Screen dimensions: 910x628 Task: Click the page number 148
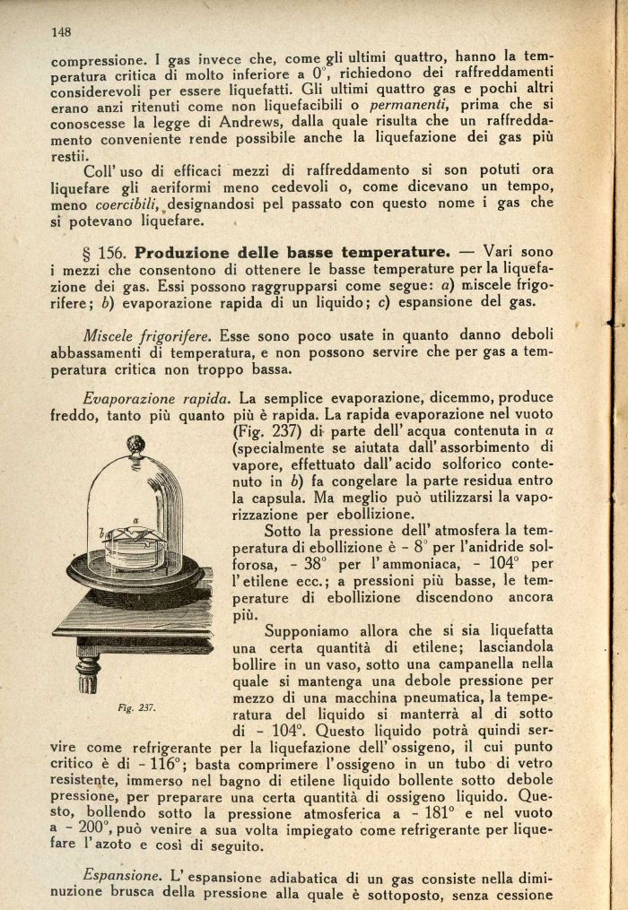61,32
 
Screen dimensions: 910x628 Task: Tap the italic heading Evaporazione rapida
157,397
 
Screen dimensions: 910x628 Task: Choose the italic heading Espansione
121,873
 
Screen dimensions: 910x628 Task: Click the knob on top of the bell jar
135,443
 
